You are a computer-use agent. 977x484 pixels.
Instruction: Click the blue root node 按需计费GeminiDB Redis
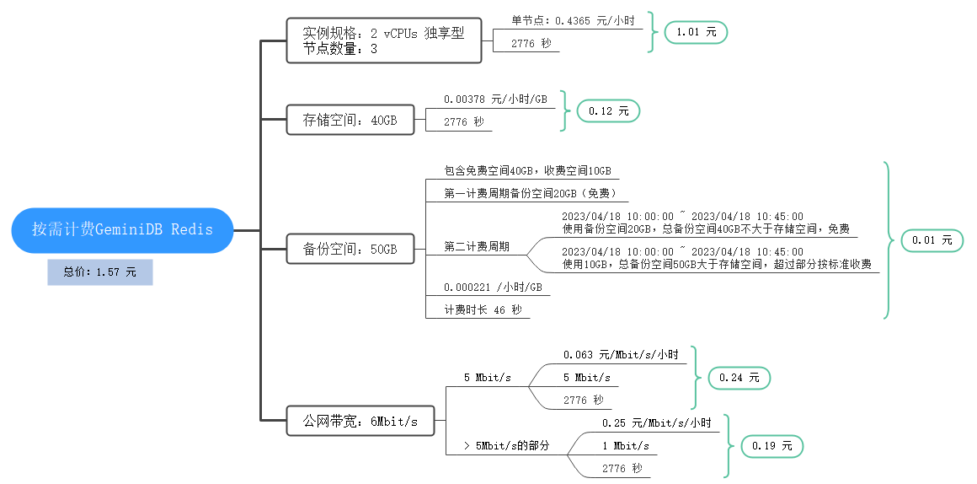(122, 229)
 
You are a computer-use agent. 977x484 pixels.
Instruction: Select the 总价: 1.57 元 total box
(100, 272)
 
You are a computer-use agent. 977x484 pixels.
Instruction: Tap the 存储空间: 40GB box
(350, 121)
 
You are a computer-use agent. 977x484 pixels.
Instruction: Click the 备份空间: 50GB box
(350, 250)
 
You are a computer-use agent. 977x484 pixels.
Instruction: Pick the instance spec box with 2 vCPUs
(383, 41)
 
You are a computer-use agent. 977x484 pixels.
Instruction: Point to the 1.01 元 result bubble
(695, 33)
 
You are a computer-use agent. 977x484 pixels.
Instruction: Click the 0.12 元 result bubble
(608, 110)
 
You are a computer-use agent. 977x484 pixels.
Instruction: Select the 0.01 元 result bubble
(932, 240)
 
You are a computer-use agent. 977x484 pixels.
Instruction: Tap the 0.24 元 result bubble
(739, 379)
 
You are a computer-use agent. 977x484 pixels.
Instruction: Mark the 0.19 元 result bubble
(771, 447)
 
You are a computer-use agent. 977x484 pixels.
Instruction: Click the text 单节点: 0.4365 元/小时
(573, 20)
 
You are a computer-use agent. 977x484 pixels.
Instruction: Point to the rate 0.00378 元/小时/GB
(495, 99)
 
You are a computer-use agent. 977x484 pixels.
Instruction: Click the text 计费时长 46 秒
(483, 309)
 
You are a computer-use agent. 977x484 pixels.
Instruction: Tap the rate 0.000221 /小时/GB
(493, 287)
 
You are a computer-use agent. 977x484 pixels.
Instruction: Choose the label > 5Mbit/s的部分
(506, 445)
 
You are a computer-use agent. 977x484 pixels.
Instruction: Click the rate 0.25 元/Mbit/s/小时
(656, 422)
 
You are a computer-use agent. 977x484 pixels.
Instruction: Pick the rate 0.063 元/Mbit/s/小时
(620, 355)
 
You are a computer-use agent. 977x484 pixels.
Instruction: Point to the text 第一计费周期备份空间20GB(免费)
(537, 193)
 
